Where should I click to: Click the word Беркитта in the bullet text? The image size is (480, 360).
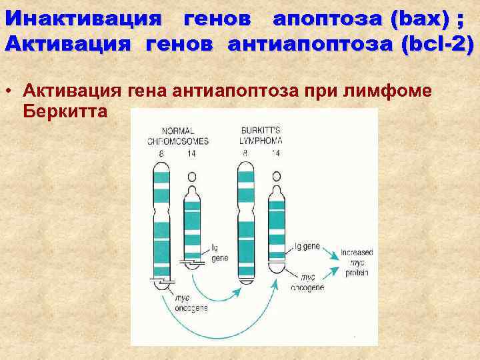coord(65,110)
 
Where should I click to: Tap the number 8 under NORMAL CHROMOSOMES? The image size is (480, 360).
coord(161,154)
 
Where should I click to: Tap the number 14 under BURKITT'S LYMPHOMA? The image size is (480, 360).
coord(276,154)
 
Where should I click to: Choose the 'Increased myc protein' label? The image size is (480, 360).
coord(357,263)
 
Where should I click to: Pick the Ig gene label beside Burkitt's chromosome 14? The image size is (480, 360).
coord(307,246)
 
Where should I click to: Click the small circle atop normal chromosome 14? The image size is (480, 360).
coord(192,177)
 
